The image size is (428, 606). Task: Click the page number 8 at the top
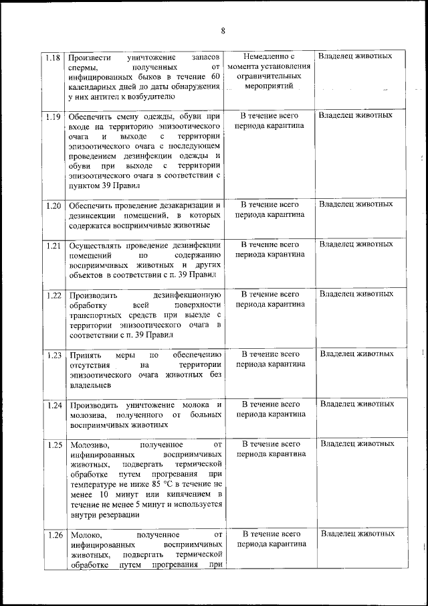click(x=223, y=31)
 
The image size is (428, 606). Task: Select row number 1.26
click(x=55, y=535)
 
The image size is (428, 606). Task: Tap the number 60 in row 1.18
click(x=215, y=77)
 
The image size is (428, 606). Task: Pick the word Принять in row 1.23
click(x=85, y=354)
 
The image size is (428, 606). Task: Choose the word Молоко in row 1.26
click(x=85, y=535)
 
